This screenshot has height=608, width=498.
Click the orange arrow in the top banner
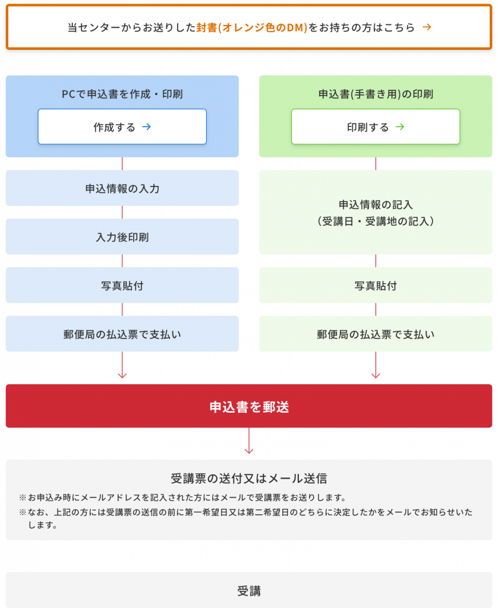click(427, 27)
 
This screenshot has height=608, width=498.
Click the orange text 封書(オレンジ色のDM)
click(252, 27)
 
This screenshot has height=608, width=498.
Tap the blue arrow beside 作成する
click(146, 127)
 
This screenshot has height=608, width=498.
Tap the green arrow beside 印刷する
click(400, 127)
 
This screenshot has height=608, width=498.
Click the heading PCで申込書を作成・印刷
click(122, 94)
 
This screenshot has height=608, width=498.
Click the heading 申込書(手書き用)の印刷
click(376, 94)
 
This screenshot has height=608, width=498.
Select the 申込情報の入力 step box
click(122, 188)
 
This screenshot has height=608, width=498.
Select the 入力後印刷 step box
click(122, 236)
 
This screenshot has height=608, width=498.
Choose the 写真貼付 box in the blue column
click(122, 285)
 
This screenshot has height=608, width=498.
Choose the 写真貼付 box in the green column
click(376, 285)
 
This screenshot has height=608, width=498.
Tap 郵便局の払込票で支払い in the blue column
click(122, 334)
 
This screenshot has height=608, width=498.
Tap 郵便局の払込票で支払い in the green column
click(376, 334)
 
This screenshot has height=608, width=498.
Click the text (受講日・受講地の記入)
click(376, 221)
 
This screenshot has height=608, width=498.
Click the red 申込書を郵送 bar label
click(249, 407)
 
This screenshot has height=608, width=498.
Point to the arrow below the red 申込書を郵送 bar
click(249, 441)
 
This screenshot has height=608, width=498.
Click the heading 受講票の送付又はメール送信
click(249, 479)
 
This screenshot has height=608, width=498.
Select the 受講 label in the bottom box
click(249, 591)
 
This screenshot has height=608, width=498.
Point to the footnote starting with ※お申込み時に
click(182, 498)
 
